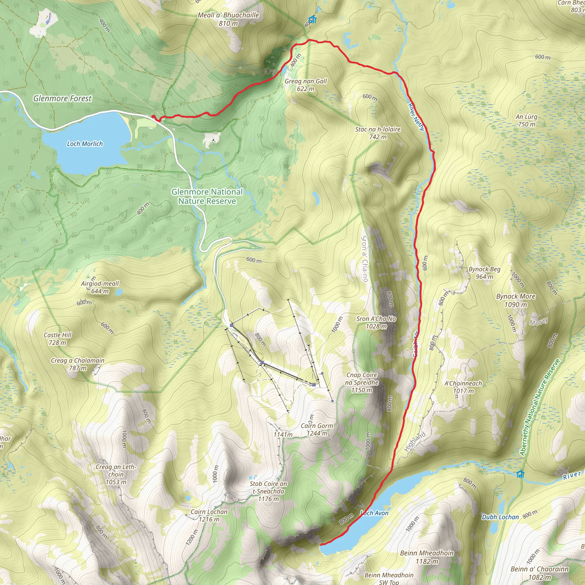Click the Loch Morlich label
click(85, 144)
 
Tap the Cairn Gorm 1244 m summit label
click(317, 429)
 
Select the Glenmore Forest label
click(62, 99)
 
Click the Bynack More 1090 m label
click(516, 300)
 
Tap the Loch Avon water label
click(374, 513)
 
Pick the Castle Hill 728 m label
click(57, 338)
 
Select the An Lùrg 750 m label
click(526, 120)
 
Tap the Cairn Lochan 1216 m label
click(209, 515)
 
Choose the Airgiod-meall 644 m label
click(100, 287)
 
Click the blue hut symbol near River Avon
click(520, 474)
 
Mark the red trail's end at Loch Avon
click(322, 544)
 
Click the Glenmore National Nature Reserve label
click(207, 196)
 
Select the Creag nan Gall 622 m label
click(306, 85)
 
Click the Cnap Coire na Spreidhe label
click(362, 382)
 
